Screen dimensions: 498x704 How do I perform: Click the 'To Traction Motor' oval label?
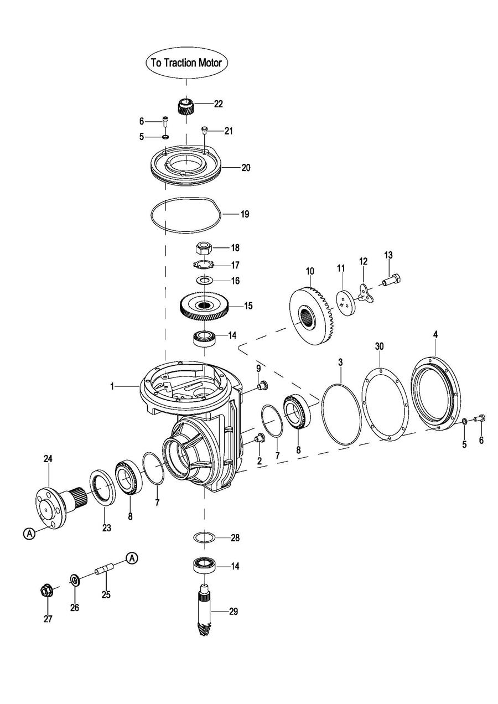186,63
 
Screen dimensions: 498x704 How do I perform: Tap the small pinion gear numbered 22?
185,106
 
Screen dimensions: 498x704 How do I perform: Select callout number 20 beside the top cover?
246,168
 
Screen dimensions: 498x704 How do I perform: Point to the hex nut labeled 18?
204,247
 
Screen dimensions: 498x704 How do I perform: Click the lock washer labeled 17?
203,265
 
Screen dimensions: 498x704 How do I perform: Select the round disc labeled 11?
346,302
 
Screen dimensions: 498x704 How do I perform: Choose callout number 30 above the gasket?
379,346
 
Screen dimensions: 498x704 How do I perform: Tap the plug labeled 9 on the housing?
262,385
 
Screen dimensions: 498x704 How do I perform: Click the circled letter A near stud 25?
132,558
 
